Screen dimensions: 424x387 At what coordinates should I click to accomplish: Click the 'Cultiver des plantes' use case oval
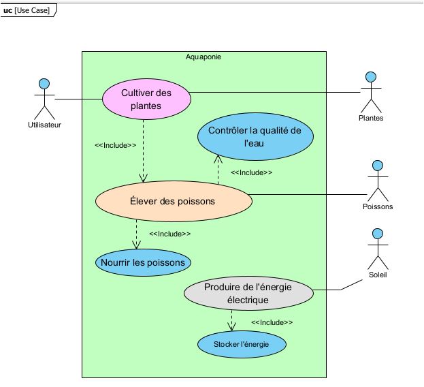tap(146, 99)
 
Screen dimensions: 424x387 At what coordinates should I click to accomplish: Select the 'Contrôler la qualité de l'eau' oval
tap(255, 137)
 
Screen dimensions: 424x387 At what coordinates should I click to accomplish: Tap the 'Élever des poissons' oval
tap(174, 202)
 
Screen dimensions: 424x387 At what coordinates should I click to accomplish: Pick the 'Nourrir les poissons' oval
tap(143, 262)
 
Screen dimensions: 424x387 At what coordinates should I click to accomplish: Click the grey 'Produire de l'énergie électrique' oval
tap(248, 293)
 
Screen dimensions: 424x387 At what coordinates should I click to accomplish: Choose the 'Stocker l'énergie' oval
tap(242, 344)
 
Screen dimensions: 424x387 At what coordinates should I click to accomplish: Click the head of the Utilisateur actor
tap(44, 84)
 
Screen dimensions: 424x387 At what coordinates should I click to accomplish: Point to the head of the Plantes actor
tap(371, 77)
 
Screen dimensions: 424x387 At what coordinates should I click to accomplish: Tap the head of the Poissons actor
tap(378, 166)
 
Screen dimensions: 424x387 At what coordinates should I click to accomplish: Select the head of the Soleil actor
tap(378, 234)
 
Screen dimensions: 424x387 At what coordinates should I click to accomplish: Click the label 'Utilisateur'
tap(45, 125)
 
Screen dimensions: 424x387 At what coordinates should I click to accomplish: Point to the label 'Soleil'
tap(378, 275)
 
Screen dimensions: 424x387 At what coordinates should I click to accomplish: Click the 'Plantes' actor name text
tap(371, 118)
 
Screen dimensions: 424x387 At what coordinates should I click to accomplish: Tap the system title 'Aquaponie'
tap(203, 57)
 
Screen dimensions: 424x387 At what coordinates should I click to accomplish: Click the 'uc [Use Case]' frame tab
tap(29, 10)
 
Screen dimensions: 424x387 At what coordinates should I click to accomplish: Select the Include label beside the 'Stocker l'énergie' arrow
tap(272, 322)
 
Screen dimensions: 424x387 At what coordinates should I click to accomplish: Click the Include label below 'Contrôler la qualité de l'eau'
tap(252, 172)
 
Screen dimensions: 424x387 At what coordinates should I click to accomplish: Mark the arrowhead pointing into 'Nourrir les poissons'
tap(136, 245)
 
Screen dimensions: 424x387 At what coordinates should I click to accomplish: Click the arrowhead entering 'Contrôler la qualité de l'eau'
tap(218, 159)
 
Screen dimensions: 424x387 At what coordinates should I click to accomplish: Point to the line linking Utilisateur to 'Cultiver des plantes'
tap(79, 99)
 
